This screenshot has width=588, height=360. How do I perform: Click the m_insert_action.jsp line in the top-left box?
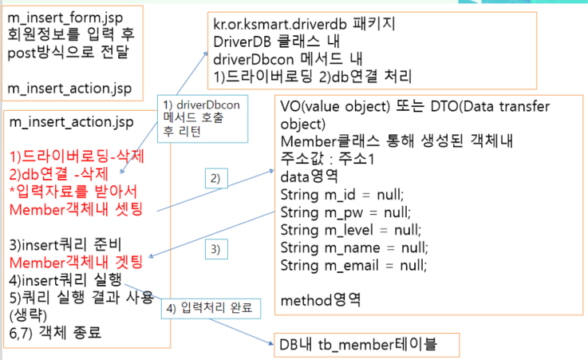[x=71, y=87]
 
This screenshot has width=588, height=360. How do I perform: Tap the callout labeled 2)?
[x=216, y=177]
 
